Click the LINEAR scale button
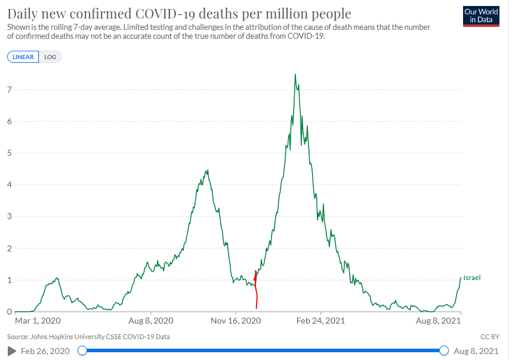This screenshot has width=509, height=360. tap(23, 57)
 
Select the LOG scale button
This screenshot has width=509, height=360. tap(50, 57)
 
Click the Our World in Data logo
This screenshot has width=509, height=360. tap(481, 16)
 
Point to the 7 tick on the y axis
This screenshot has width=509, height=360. tap(9, 90)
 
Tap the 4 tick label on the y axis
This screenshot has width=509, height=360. tap(9, 184)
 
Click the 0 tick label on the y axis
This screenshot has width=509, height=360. tap(9, 312)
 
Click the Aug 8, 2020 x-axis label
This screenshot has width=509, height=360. tap(151, 321)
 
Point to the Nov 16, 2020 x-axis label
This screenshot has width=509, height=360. tap(236, 321)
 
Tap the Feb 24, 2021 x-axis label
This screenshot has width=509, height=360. tap(321, 321)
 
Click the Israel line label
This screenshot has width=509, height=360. tap(471, 278)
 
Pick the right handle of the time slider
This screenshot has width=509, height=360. tap(444, 350)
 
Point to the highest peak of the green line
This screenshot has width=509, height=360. tap(295, 75)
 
